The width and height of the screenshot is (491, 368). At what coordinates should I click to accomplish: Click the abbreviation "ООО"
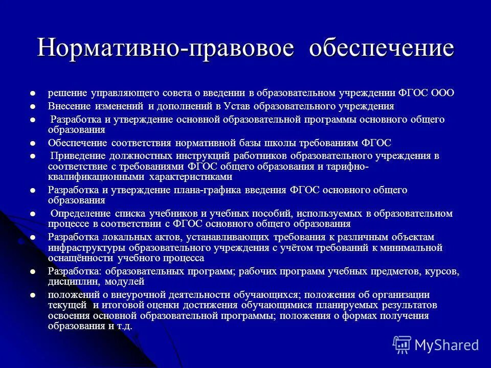tap(443, 94)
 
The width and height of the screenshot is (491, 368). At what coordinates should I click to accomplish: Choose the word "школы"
tap(289, 143)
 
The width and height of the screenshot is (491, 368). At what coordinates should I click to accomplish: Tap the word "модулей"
tap(125, 282)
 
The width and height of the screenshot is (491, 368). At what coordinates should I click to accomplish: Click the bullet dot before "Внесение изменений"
tap(33, 107)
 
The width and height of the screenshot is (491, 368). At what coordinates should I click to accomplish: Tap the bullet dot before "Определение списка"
tap(33, 214)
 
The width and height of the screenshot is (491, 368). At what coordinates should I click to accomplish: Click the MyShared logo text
tap(447, 345)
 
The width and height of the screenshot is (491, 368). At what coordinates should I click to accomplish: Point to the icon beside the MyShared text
tap(401, 345)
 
